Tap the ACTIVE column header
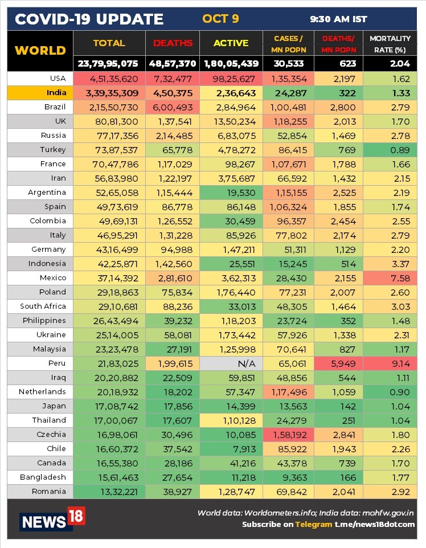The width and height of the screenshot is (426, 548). coord(231,43)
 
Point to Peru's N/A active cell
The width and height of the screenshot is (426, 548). coord(231,363)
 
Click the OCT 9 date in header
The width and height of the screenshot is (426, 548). coord(220,19)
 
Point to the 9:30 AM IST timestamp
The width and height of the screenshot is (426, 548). coord(338,19)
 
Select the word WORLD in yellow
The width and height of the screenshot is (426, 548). coord(40,50)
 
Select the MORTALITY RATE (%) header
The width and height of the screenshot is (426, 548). coord(390,43)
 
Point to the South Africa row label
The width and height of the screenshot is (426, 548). coord(43,306)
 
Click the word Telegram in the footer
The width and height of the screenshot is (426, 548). coord(313,524)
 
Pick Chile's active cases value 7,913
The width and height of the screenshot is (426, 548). coord(231,448)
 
